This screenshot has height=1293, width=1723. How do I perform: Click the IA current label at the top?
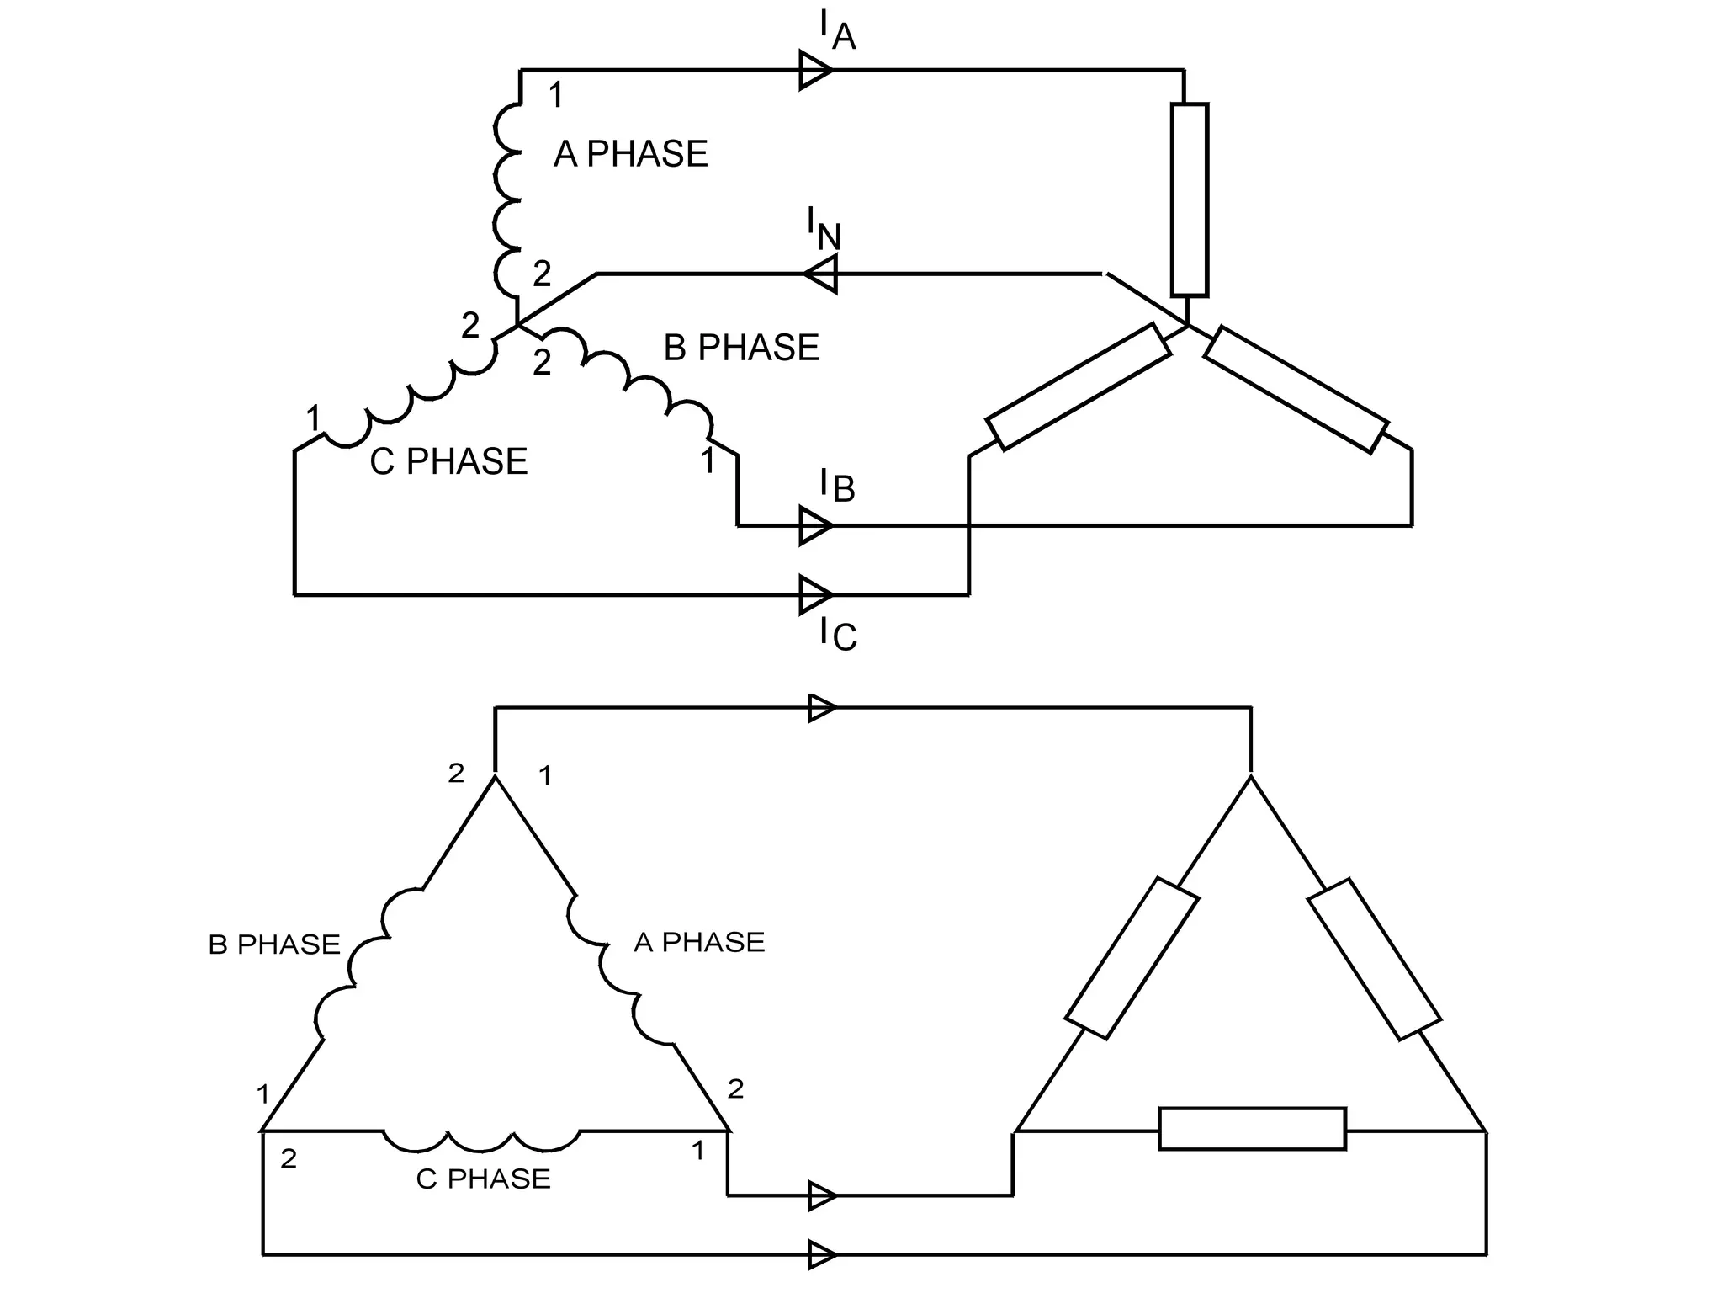(836, 32)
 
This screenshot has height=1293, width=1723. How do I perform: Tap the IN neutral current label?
(824, 229)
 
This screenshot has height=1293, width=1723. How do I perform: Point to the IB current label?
(836, 486)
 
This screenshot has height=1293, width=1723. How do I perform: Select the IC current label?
(838, 633)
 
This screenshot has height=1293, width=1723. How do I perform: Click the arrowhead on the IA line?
(815, 70)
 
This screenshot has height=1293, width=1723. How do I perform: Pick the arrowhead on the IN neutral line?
(821, 274)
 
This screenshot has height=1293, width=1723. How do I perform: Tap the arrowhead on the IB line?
(815, 526)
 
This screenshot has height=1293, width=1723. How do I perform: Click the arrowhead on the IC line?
(815, 595)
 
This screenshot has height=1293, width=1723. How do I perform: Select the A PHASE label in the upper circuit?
(631, 154)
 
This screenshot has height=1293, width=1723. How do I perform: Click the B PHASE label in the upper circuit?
(741, 348)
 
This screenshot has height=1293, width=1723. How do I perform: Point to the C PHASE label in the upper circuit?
(448, 461)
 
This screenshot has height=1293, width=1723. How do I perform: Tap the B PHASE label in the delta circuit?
(274, 944)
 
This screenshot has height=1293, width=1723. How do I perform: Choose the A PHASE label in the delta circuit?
(699, 942)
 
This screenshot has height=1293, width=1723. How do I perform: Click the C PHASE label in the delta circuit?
(483, 1179)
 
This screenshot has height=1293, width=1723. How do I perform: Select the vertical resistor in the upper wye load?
(1190, 200)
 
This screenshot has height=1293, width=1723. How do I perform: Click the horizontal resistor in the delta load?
(1252, 1129)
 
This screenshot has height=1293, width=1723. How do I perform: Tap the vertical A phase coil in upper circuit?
(508, 202)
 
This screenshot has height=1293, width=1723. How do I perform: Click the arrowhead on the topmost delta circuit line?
(821, 708)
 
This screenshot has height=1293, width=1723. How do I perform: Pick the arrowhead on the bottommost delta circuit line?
(821, 1254)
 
